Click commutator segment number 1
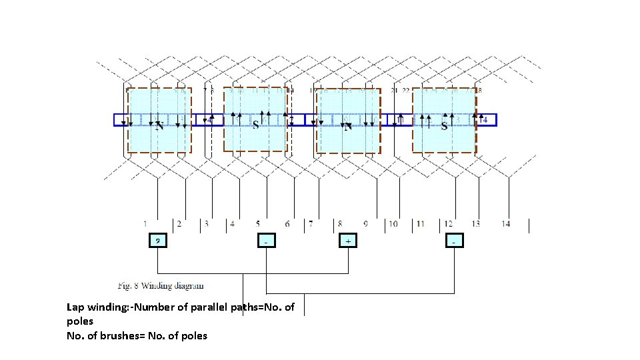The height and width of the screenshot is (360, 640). (x=145, y=224)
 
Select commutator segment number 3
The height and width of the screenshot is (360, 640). (x=206, y=224)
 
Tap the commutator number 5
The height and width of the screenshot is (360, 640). (x=258, y=224)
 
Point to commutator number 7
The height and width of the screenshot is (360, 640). (x=310, y=224)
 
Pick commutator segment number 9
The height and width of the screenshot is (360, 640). (x=365, y=224)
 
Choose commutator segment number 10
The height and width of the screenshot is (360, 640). (x=393, y=224)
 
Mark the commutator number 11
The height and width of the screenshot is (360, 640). (x=420, y=224)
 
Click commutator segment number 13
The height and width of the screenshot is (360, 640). (x=475, y=224)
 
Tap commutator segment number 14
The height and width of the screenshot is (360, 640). (x=505, y=224)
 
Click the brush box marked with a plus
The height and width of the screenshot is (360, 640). (x=348, y=240)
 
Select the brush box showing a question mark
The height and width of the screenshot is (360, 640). (x=157, y=240)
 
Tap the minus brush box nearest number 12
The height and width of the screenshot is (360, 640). (x=454, y=240)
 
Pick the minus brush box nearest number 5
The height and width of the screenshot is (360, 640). (x=266, y=240)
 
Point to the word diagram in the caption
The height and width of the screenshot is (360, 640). (x=190, y=286)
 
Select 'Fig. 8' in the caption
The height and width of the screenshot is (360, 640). (x=129, y=286)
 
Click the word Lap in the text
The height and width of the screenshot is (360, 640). (x=75, y=307)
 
